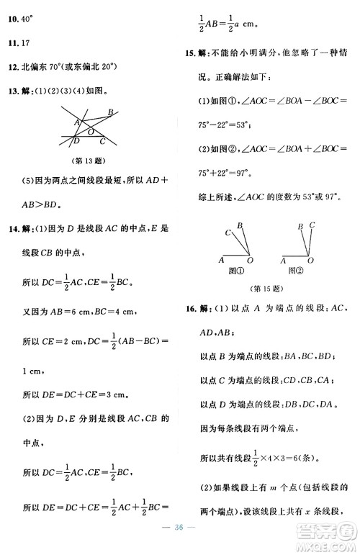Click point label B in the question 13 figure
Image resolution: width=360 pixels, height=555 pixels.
pyautogui.click(x=110, y=112)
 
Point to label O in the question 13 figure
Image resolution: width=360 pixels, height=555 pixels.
pyautogui.click(x=90, y=133)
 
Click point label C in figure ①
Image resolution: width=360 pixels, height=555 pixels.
pyautogui.click(x=227, y=233)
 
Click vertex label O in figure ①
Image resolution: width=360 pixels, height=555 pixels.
pyautogui.click(x=249, y=261)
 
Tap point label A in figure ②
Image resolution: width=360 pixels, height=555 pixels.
pyautogui.click(x=283, y=261)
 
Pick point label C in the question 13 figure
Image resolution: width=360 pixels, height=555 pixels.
pyautogui.click(x=103, y=141)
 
